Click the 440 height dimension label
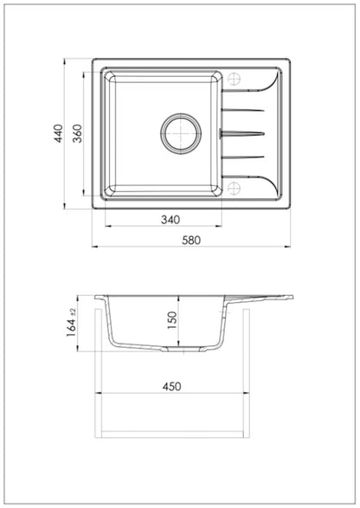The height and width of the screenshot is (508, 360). (x=59, y=133)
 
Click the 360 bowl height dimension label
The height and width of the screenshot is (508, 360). (x=77, y=133)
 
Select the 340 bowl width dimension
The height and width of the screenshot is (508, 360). (x=170, y=220)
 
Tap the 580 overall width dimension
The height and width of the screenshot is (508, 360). (x=191, y=240)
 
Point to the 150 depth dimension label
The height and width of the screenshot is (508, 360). (x=172, y=320)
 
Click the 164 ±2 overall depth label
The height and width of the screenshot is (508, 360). (x=71, y=322)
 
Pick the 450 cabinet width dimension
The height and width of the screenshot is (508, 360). (x=171, y=386)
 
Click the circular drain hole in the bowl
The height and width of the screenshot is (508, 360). (x=181, y=133)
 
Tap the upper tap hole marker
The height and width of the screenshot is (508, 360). (x=234, y=79)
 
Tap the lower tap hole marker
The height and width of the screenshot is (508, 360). (x=234, y=188)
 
